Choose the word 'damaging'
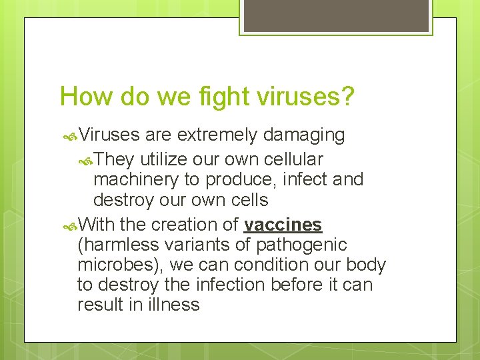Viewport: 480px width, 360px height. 304,135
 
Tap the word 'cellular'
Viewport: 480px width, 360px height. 291,159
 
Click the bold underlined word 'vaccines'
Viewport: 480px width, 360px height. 283,225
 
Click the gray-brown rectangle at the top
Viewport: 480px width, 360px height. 335,15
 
